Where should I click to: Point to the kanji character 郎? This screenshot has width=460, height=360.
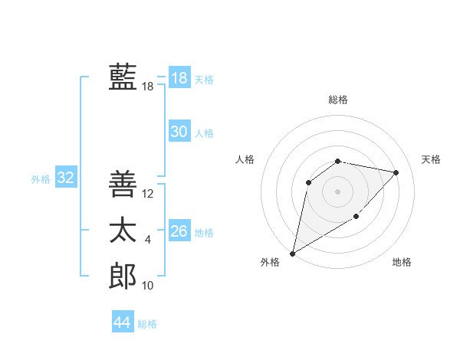click(x=123, y=276)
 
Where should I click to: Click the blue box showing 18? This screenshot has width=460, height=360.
click(x=179, y=78)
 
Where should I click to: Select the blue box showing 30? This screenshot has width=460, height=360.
click(x=179, y=132)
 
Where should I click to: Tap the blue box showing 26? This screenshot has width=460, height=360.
click(x=179, y=231)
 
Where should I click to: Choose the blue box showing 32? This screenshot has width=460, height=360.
click(x=66, y=178)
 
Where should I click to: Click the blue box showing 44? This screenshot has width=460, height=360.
click(x=122, y=322)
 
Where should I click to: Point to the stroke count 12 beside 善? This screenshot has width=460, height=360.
click(x=148, y=194)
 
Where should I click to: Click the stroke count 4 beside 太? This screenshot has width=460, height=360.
click(x=148, y=240)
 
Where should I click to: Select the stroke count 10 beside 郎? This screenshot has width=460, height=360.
click(x=148, y=286)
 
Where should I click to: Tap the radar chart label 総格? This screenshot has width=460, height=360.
click(x=338, y=100)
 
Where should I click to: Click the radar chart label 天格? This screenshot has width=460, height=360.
click(x=431, y=159)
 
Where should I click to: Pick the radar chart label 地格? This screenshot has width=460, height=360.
click(x=402, y=262)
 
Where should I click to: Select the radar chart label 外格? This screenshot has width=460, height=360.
click(x=270, y=262)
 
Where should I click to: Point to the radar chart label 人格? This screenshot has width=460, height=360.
click(x=245, y=159)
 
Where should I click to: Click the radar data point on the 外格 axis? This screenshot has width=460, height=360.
click(x=293, y=253)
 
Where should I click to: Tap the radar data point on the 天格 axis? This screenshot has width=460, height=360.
click(x=396, y=172)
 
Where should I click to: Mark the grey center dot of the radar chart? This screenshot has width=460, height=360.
click(x=338, y=191)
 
